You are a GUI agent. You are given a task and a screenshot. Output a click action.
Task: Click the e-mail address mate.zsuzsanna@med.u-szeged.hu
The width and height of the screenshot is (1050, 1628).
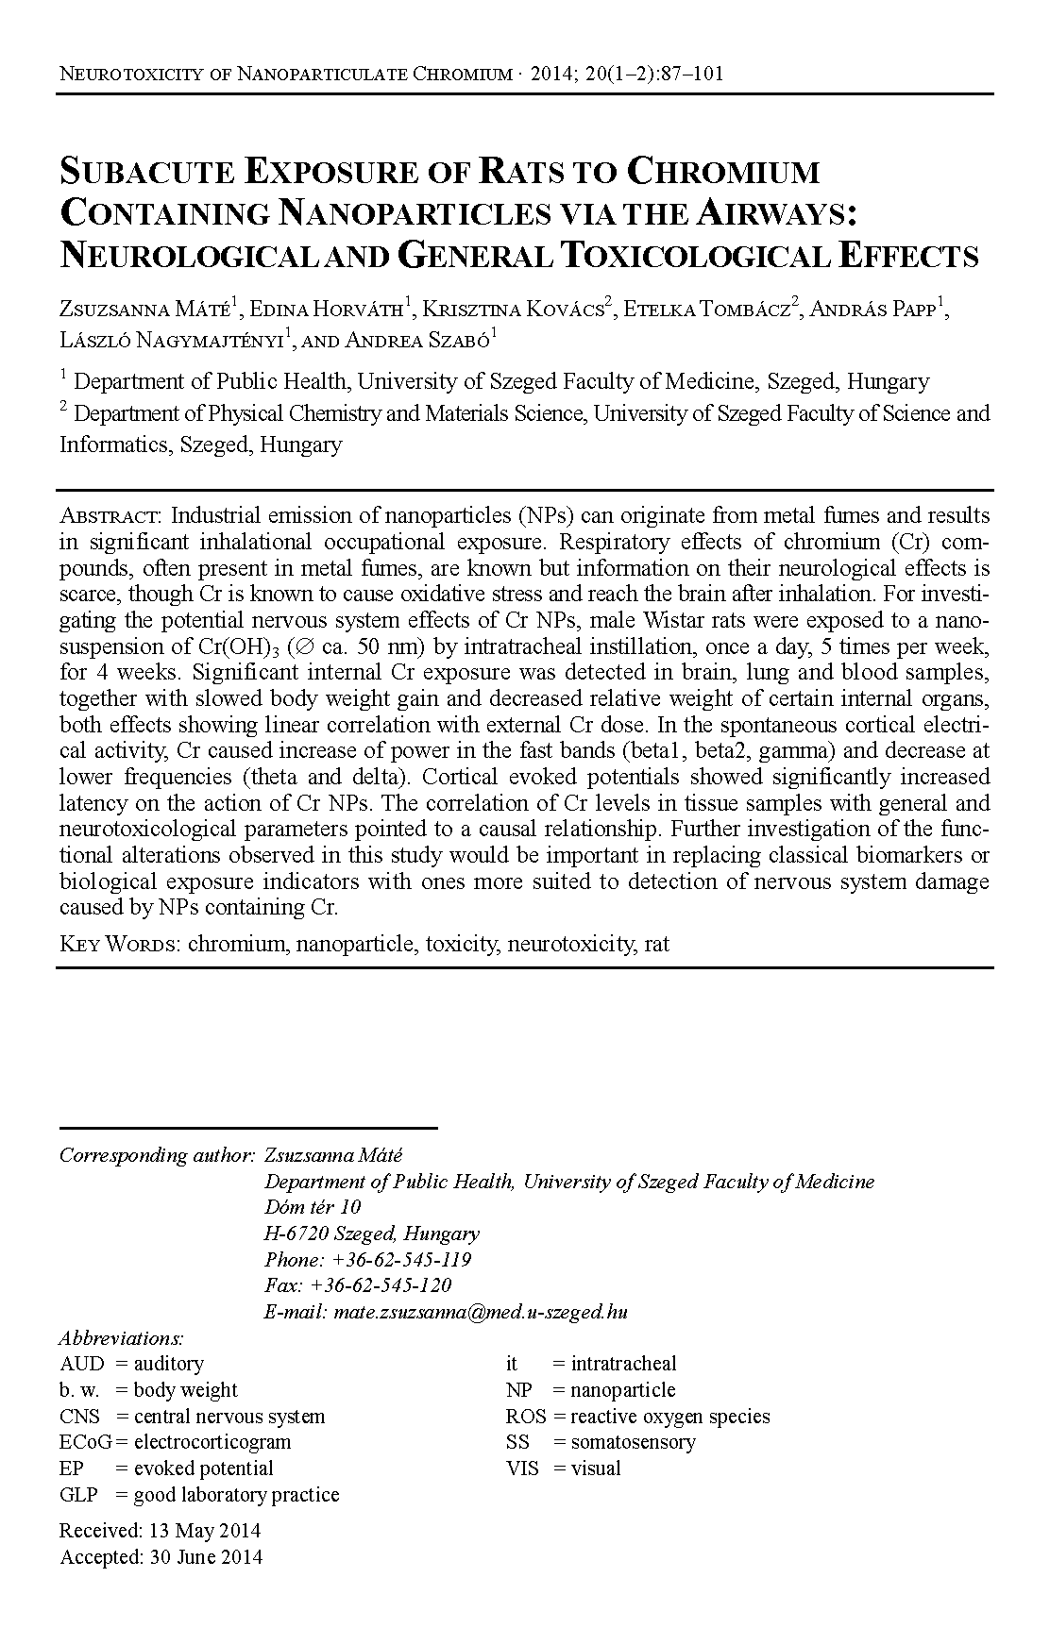click(477, 1312)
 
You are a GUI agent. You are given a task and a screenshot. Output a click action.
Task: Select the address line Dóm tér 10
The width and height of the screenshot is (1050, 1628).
click(313, 1207)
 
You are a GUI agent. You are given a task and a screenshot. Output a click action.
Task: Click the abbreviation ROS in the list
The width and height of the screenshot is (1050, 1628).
click(526, 1417)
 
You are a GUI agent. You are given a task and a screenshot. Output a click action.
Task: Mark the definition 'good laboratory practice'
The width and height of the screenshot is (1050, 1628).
click(236, 1495)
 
